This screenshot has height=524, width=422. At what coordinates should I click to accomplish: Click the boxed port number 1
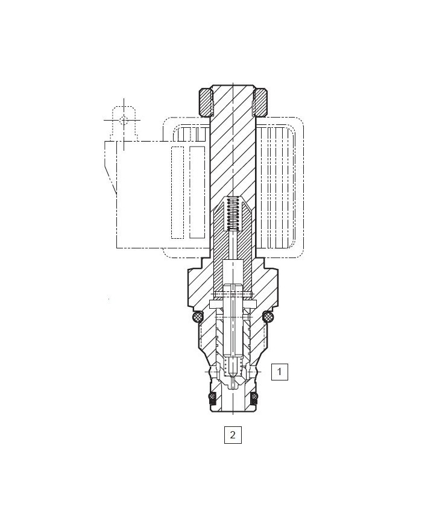click(279, 371)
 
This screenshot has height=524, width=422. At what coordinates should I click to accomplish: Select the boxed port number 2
click(233, 435)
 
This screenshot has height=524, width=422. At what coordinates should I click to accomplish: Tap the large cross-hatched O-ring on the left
click(197, 316)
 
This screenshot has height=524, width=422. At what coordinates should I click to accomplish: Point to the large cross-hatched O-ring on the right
click(269, 316)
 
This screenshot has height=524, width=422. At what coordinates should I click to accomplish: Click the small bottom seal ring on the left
click(212, 396)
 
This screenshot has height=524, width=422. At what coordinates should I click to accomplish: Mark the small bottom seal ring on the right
click(254, 396)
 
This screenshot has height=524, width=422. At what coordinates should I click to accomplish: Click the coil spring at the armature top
click(233, 214)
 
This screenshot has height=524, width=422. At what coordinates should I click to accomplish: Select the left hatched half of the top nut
click(206, 103)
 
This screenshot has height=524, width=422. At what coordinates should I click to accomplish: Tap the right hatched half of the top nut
click(260, 103)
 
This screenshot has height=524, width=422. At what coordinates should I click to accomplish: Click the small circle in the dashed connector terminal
click(124, 120)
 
